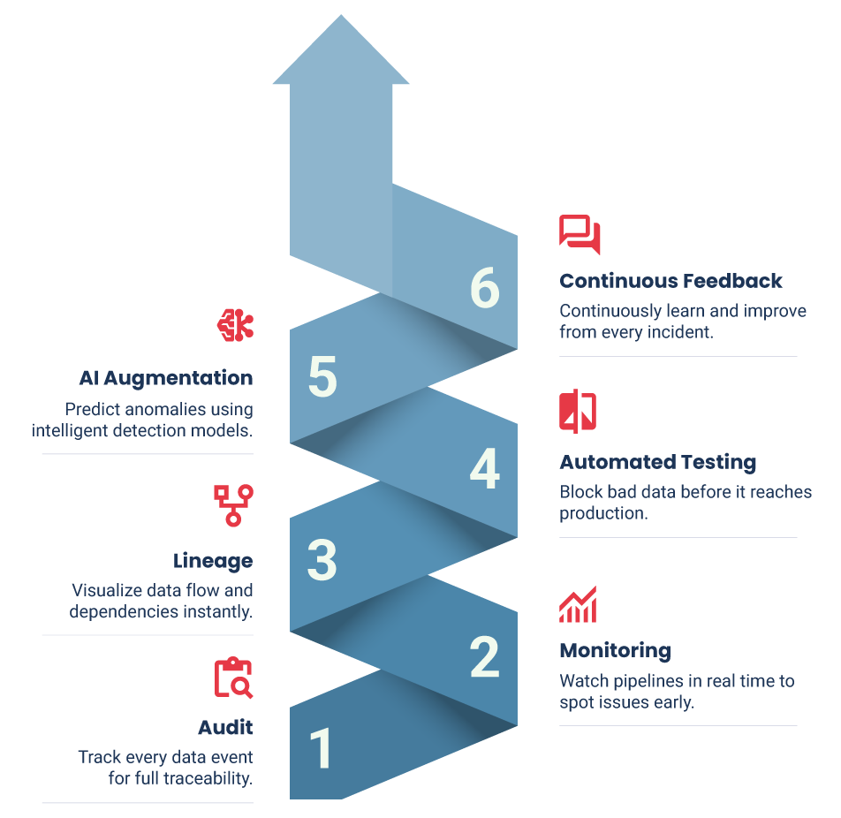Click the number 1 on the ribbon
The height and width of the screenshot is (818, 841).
click(322, 747)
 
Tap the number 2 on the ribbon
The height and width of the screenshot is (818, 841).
click(484, 657)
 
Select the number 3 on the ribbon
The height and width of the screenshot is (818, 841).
click(322, 559)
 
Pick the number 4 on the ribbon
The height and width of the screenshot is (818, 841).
click(484, 469)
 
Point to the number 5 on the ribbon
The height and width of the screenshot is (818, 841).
click(322, 377)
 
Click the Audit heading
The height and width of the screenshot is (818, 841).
click(225, 727)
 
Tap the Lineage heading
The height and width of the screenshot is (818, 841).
click(213, 561)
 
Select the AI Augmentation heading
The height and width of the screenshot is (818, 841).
click(165, 378)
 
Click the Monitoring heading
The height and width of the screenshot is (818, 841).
click(615, 651)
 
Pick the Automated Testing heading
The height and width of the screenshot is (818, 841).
click(658, 462)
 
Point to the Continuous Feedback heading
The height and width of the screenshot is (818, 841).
click(671, 281)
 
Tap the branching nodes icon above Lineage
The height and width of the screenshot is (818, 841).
click(233, 504)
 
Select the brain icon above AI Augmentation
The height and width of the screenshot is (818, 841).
click(236, 325)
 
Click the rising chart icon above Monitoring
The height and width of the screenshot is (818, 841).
click(578, 604)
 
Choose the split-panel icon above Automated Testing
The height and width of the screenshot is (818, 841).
click(578, 412)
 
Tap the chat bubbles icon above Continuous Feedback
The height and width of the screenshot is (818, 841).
click(580, 233)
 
